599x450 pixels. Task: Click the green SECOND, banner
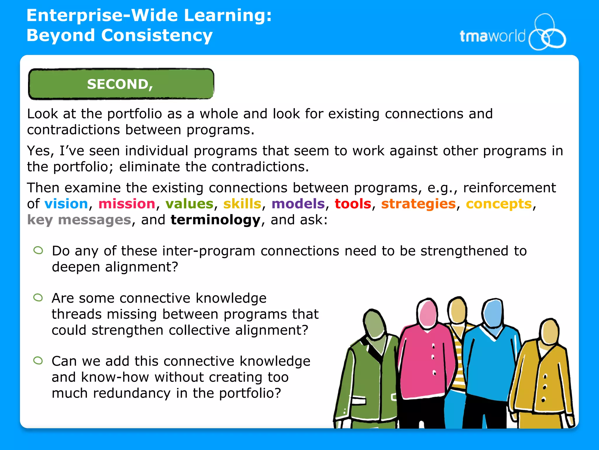coord(121,84)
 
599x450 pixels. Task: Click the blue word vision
coord(66,204)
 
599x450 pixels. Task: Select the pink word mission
coord(127,204)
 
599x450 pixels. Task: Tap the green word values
coord(189,204)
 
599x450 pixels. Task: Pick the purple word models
coord(298,204)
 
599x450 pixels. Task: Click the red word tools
coord(353,204)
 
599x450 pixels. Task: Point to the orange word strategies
coord(418,204)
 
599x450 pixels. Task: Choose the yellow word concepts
coord(499,204)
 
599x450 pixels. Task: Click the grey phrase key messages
coord(79,220)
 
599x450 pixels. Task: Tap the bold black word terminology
coord(215,220)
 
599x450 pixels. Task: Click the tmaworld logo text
coord(492,36)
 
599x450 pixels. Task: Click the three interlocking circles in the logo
coord(547,33)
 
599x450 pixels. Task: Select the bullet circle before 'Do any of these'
coord(38,250)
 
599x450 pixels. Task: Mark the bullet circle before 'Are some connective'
coord(38,298)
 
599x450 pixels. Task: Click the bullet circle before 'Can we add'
coord(38,360)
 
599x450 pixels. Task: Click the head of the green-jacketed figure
coord(374,324)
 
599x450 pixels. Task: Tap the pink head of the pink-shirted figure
coord(428,313)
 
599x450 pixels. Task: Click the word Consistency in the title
coord(157,35)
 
